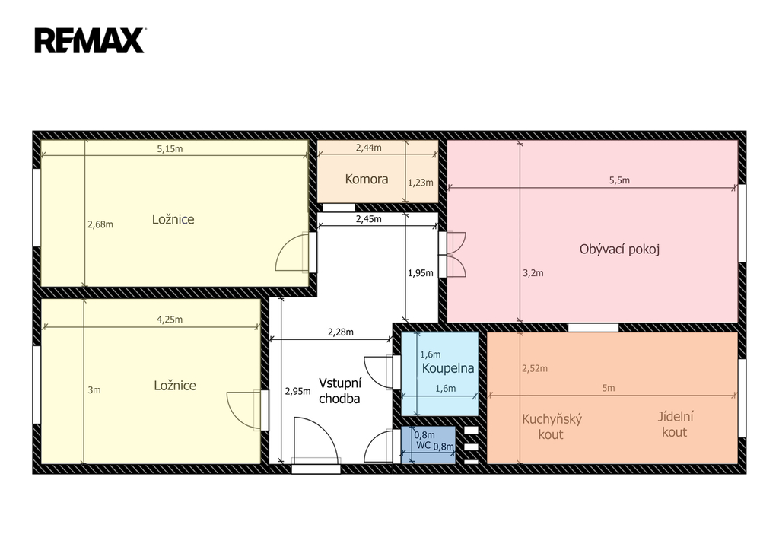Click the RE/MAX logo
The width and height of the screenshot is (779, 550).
point(90,40)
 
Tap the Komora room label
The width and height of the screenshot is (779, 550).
point(367,179)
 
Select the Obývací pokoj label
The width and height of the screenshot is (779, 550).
point(619,250)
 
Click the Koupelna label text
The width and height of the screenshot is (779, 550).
point(447,368)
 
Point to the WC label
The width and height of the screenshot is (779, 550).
point(423,445)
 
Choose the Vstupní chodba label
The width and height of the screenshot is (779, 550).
point(340,390)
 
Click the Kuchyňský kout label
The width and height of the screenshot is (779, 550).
point(552,426)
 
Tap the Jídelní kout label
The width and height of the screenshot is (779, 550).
point(676,424)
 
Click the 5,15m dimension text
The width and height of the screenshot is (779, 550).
point(170,148)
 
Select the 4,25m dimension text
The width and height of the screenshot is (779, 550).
point(170,320)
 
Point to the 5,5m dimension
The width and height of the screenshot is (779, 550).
point(619,180)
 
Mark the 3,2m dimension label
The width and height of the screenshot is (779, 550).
point(533,273)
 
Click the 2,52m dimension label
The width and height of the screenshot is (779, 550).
point(535,368)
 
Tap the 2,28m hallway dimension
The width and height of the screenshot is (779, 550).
point(341,332)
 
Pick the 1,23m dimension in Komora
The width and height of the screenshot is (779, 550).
point(420,183)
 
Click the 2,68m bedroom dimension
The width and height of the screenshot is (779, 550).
point(100,224)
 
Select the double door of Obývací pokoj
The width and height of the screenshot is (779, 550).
point(456,254)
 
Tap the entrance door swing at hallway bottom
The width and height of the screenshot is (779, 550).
point(316,439)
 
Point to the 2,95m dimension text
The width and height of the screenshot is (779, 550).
point(297,391)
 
